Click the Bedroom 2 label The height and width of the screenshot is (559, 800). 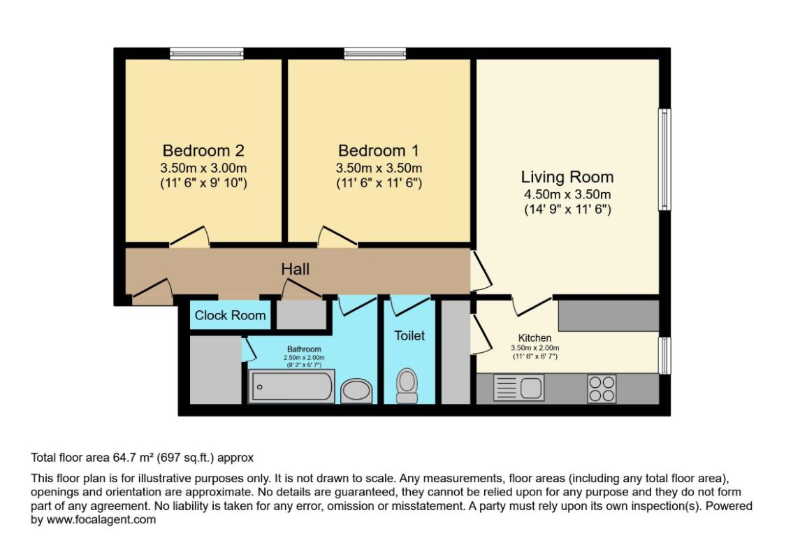[x=203, y=150]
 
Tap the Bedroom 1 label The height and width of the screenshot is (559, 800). [x=379, y=150]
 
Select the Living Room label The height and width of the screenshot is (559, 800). [x=567, y=177]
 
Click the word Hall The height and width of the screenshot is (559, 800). [x=296, y=269]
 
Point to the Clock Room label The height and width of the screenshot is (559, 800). [x=230, y=315]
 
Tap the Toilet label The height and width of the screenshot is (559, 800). [x=409, y=335]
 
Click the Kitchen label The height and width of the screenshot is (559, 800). [x=534, y=337]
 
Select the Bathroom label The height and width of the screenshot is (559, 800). [x=304, y=349]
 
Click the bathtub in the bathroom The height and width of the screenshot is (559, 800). [x=291, y=386]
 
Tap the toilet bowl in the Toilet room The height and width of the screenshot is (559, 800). [x=407, y=386]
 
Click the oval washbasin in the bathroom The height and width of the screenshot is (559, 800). [x=356, y=391]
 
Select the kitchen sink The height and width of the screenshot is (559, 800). [x=518, y=388]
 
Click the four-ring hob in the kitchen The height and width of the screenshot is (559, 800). [x=602, y=389]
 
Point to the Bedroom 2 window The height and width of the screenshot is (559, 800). [x=207, y=53]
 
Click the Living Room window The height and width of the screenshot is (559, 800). [x=664, y=159]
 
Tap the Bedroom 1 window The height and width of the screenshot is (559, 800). [x=375, y=53]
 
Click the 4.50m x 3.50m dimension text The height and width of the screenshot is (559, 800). [x=567, y=194]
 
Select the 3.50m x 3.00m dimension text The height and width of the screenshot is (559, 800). [x=203, y=168]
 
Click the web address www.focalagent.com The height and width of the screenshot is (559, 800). [x=101, y=521]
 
